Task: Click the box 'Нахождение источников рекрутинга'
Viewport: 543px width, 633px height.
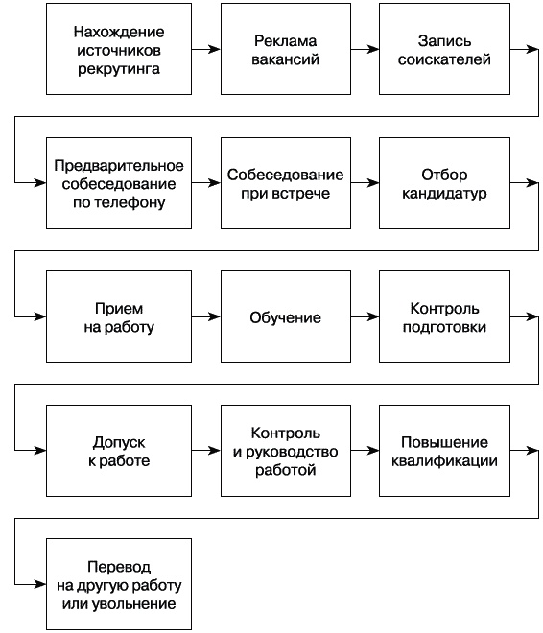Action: click(x=117, y=48)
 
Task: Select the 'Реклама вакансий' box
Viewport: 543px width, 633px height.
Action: click(x=286, y=48)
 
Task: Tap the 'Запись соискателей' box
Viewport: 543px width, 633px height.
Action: click(x=443, y=48)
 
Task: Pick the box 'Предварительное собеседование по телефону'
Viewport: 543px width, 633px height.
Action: click(x=117, y=182)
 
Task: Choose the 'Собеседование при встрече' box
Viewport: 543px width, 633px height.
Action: click(x=286, y=182)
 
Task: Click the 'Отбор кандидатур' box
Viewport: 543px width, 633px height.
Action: click(x=443, y=182)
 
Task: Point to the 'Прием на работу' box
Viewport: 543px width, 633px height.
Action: click(x=117, y=316)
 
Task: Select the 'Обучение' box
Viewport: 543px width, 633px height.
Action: click(x=286, y=316)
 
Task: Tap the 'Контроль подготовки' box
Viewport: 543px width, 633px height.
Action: click(x=443, y=316)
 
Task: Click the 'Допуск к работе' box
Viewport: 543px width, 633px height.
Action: click(x=117, y=451)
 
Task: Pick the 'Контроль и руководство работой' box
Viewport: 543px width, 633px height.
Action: click(x=286, y=451)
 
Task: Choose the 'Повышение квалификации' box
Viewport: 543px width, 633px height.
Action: click(x=443, y=451)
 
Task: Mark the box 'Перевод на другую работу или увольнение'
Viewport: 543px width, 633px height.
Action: click(x=117, y=585)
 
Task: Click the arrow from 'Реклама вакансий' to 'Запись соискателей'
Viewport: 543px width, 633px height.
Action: click(x=365, y=48)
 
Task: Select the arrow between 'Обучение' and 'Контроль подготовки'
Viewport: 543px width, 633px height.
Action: click(x=365, y=316)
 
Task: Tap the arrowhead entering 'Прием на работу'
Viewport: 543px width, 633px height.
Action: click(x=40, y=316)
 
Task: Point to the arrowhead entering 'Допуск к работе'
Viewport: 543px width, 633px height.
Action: click(x=40, y=451)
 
